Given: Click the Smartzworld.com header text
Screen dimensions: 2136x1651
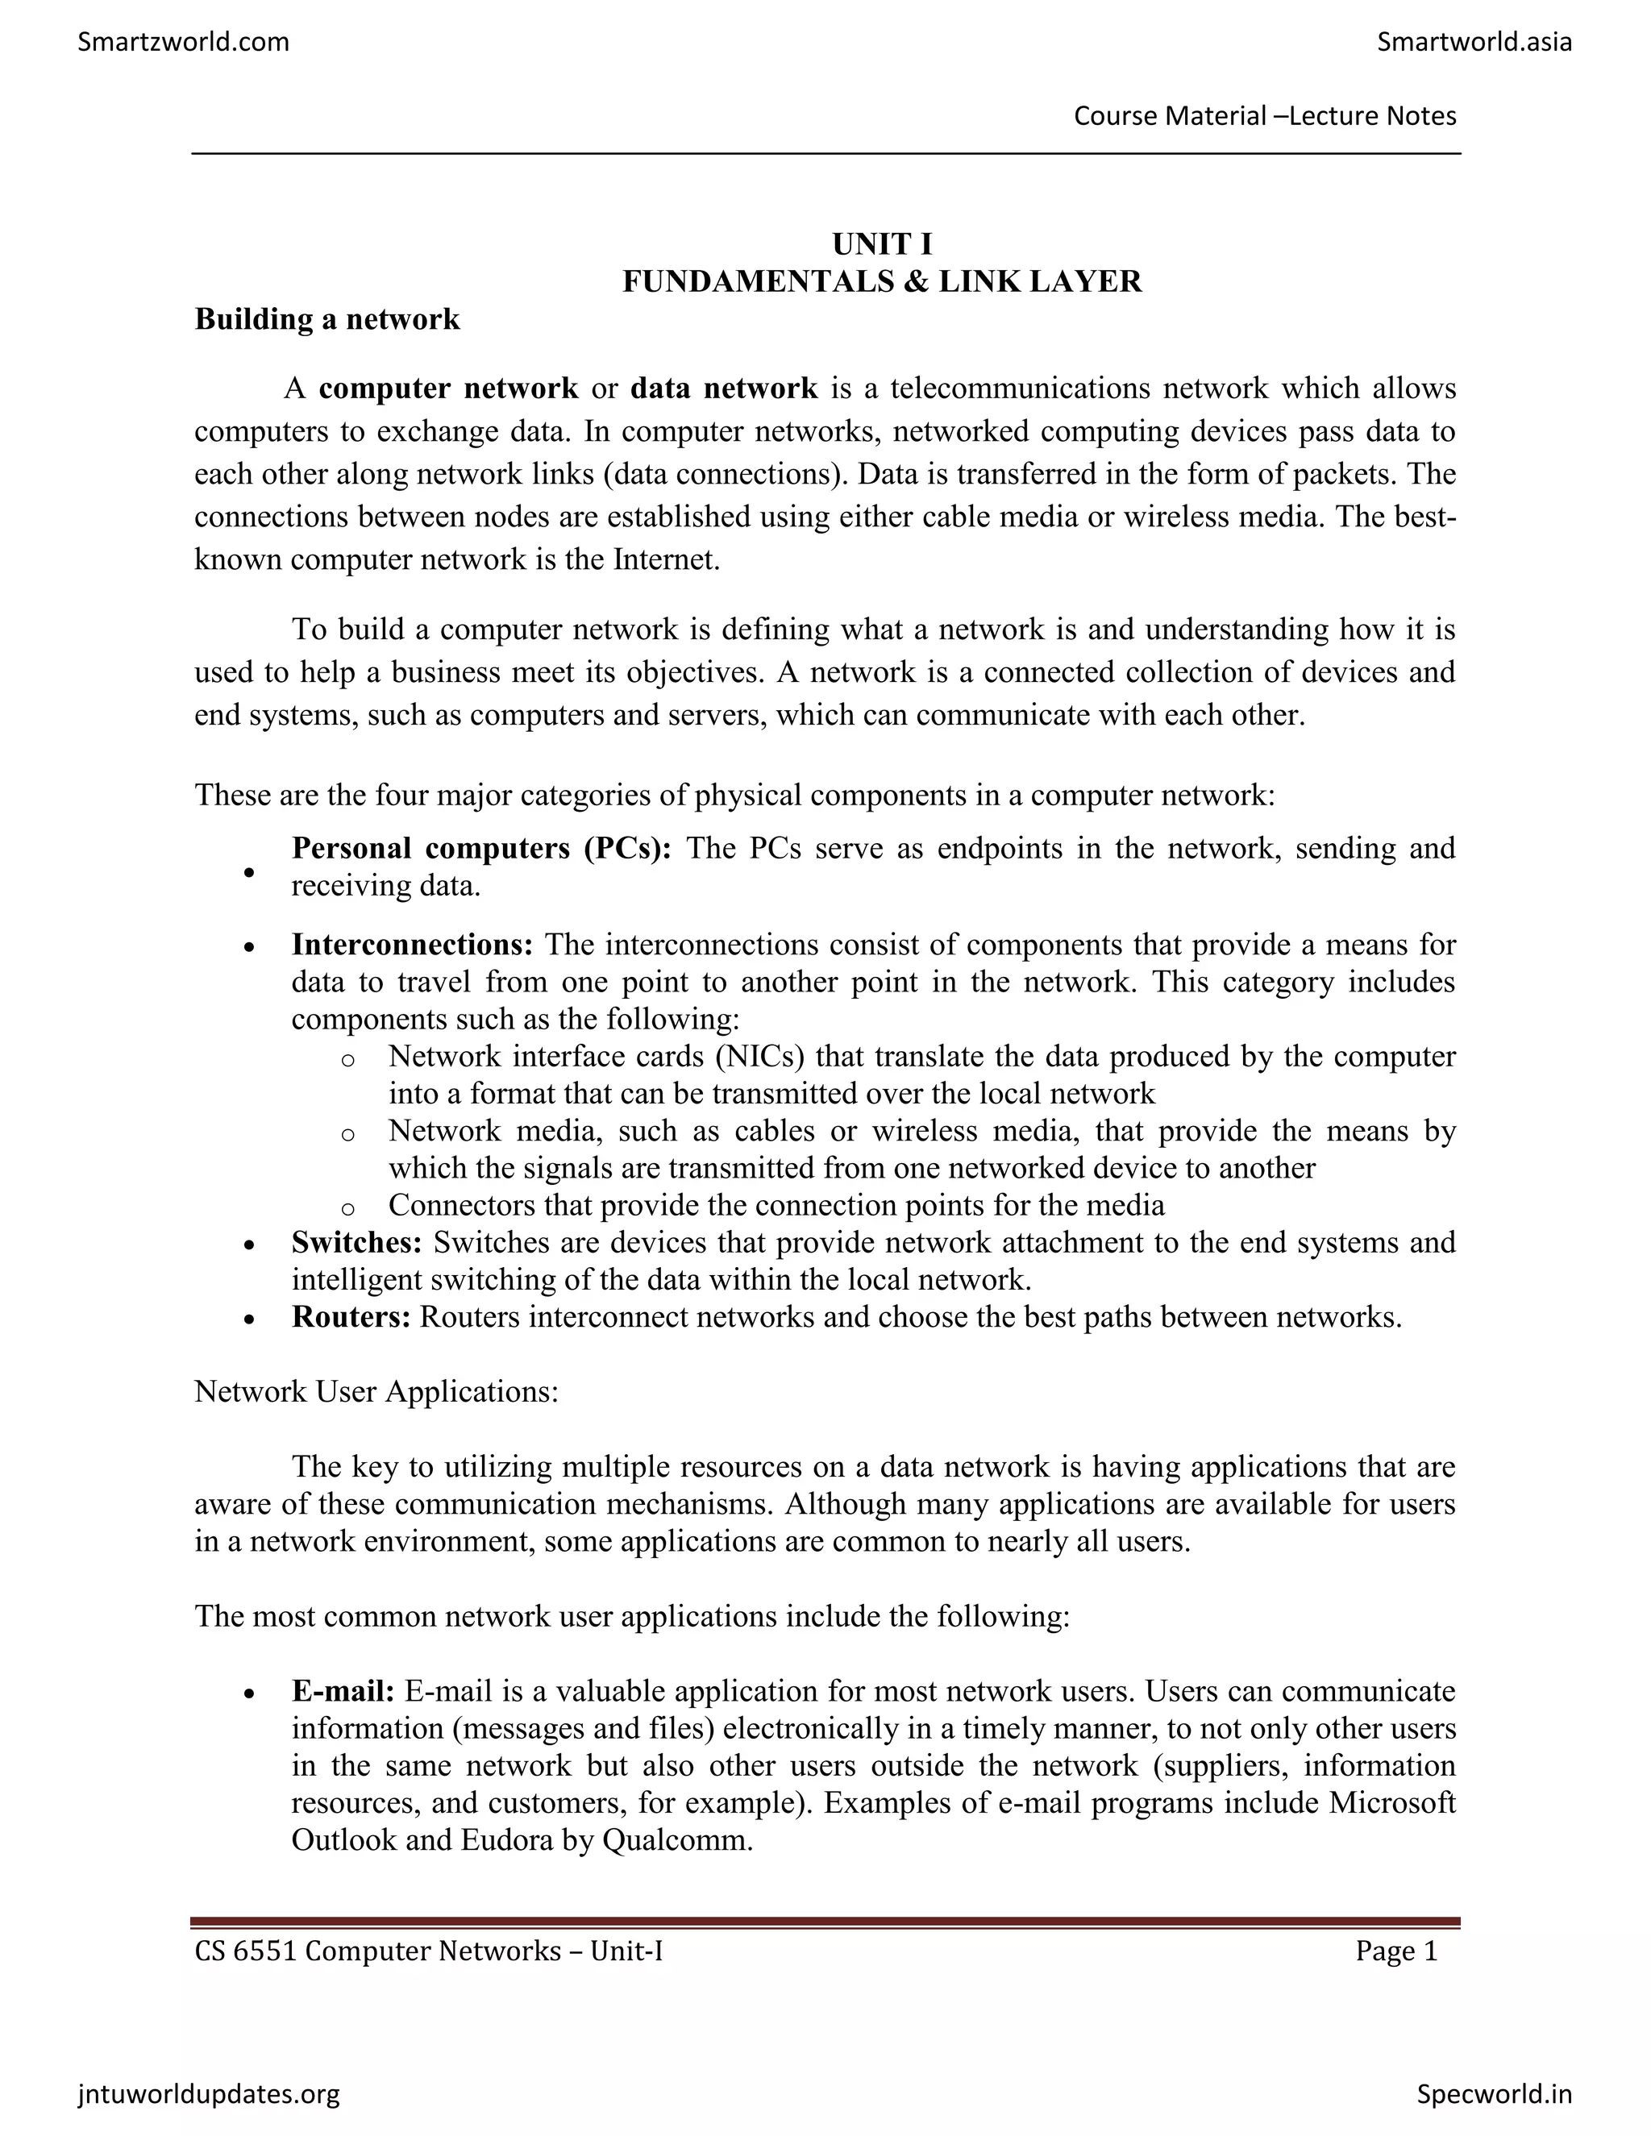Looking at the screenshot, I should point(183,42).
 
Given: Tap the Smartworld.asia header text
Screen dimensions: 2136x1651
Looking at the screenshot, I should point(1473,42).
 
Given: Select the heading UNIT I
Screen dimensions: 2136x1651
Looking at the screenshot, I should point(881,243).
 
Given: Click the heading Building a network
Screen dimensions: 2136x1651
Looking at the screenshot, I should point(326,319).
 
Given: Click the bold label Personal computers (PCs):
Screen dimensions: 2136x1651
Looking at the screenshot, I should point(481,848).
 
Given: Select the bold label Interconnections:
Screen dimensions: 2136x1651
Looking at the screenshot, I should point(412,945).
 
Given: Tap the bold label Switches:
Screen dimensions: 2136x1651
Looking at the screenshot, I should point(356,1242).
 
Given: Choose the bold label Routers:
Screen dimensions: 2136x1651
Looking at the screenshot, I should point(350,1317).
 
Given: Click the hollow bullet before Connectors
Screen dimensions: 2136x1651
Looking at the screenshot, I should point(347,1209).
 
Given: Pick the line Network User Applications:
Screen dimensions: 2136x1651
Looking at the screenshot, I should point(376,1392).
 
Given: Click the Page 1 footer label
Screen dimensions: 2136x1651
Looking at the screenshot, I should point(1395,1951).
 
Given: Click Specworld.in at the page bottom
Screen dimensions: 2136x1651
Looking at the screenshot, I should point(1494,2094).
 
